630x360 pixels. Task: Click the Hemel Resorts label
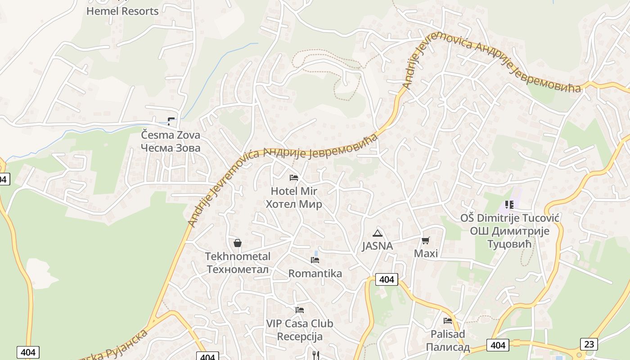[x=122, y=11]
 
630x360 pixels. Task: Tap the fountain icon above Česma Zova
[x=171, y=121]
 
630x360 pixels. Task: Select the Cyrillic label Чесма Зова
[x=171, y=148]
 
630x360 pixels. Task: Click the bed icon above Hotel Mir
[x=294, y=178]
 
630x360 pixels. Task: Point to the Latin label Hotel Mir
[x=294, y=191]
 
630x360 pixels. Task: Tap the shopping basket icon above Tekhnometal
[x=238, y=243]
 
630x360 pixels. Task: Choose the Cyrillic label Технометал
[x=238, y=270]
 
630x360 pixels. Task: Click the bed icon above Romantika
[x=315, y=260]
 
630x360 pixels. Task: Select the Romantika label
[x=315, y=274]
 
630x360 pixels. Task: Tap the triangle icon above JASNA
[x=378, y=233]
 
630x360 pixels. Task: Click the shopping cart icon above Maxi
[x=426, y=240]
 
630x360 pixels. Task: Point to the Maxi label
[x=426, y=253]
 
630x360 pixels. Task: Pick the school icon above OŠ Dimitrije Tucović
[x=509, y=205]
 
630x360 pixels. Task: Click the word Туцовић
[x=509, y=244]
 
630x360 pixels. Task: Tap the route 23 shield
[x=589, y=344]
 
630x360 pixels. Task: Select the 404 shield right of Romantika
[x=387, y=279]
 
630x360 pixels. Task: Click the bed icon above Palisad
[x=448, y=321]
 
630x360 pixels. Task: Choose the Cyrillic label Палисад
[x=448, y=347]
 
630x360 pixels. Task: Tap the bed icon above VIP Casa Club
[x=300, y=310]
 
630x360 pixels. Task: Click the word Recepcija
[x=300, y=337]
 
